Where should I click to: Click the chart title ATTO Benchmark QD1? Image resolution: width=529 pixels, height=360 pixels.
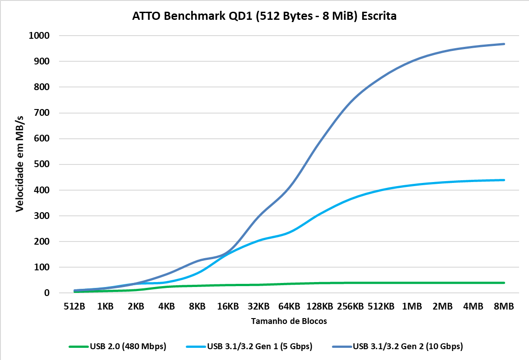coord(264,17)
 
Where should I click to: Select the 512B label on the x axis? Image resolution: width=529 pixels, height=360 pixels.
coord(74,306)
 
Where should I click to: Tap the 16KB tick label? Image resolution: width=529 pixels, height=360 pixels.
coord(228,306)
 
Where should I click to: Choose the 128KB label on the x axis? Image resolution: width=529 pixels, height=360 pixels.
coord(320,306)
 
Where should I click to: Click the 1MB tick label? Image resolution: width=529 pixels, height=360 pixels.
coord(412,306)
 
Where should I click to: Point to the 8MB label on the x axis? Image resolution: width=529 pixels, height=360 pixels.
coord(504,306)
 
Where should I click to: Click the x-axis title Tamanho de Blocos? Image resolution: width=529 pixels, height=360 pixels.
coord(289,321)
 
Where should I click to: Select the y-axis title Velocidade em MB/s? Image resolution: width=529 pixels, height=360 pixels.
coord(20,164)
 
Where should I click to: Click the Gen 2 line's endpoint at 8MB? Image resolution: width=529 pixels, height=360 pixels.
coord(504,44)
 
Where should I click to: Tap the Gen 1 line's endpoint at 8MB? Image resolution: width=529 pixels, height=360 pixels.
coord(504,180)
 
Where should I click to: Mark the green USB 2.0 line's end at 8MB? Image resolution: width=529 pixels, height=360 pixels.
coord(504,283)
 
